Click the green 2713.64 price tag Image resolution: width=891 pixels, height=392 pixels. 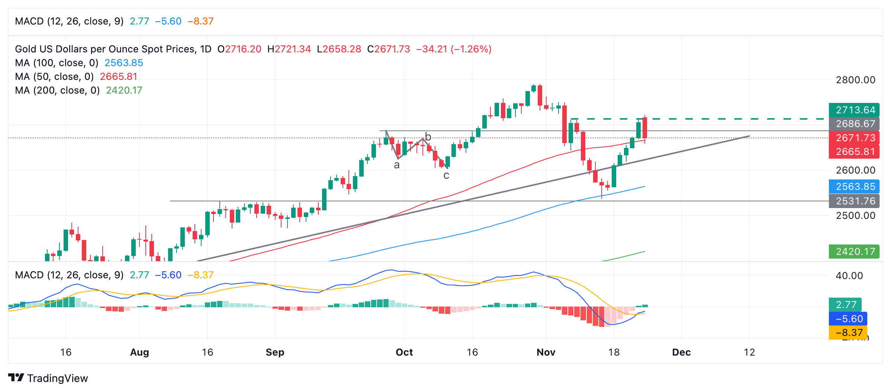[x=854, y=110]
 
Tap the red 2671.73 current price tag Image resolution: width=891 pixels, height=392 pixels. [x=854, y=138]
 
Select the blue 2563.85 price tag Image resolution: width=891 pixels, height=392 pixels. [x=854, y=187]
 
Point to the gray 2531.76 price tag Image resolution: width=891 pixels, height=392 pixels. [x=854, y=201]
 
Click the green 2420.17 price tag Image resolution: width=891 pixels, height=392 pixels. [x=854, y=252]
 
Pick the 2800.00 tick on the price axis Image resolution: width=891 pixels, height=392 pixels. [x=855, y=80]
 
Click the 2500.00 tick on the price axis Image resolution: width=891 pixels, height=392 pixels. [x=855, y=216]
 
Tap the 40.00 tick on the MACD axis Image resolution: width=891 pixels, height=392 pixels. [x=849, y=276]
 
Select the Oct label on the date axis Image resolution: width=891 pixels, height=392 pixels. [x=404, y=352]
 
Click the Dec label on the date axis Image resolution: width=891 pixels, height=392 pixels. [x=681, y=352]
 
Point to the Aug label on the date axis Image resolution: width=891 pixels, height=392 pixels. [x=139, y=352]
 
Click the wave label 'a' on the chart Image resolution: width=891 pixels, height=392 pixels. [x=397, y=165]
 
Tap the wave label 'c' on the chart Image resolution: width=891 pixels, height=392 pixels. [x=446, y=176]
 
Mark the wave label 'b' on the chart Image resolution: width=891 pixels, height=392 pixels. [x=428, y=137]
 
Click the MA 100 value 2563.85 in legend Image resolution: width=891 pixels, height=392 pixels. [x=124, y=63]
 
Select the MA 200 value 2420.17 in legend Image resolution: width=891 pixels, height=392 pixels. [x=124, y=90]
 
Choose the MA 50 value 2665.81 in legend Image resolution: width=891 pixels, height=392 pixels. [x=119, y=77]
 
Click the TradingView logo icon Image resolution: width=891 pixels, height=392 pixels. [x=16, y=378]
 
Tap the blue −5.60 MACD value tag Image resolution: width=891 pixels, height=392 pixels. [x=849, y=319]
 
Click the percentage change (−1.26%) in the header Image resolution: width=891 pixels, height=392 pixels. [x=471, y=49]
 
